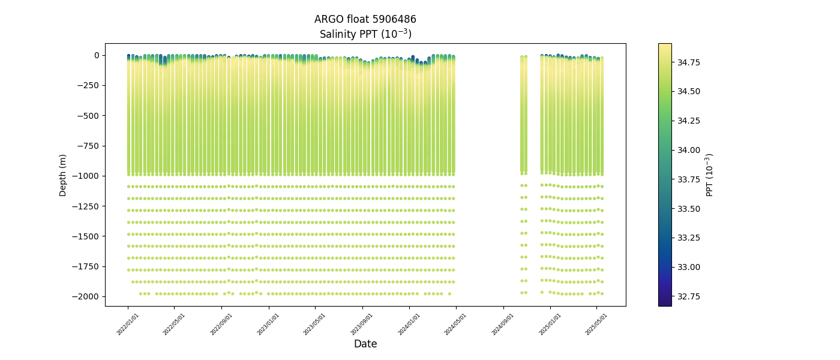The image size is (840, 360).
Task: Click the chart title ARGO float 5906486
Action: tap(365, 19)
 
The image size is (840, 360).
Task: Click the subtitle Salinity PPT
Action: tap(365, 34)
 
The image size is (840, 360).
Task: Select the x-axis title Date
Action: tap(365, 344)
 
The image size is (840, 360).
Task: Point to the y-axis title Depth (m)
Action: tap(63, 175)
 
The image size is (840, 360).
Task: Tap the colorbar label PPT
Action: tap(710, 175)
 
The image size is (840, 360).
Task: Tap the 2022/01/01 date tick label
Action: tap(128, 324)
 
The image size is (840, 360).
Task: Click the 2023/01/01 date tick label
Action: tap(269, 324)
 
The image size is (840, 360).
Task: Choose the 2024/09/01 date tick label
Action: tap(503, 324)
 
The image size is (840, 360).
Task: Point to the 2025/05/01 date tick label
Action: tap(596, 324)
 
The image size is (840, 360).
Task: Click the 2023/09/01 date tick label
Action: tap(362, 324)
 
